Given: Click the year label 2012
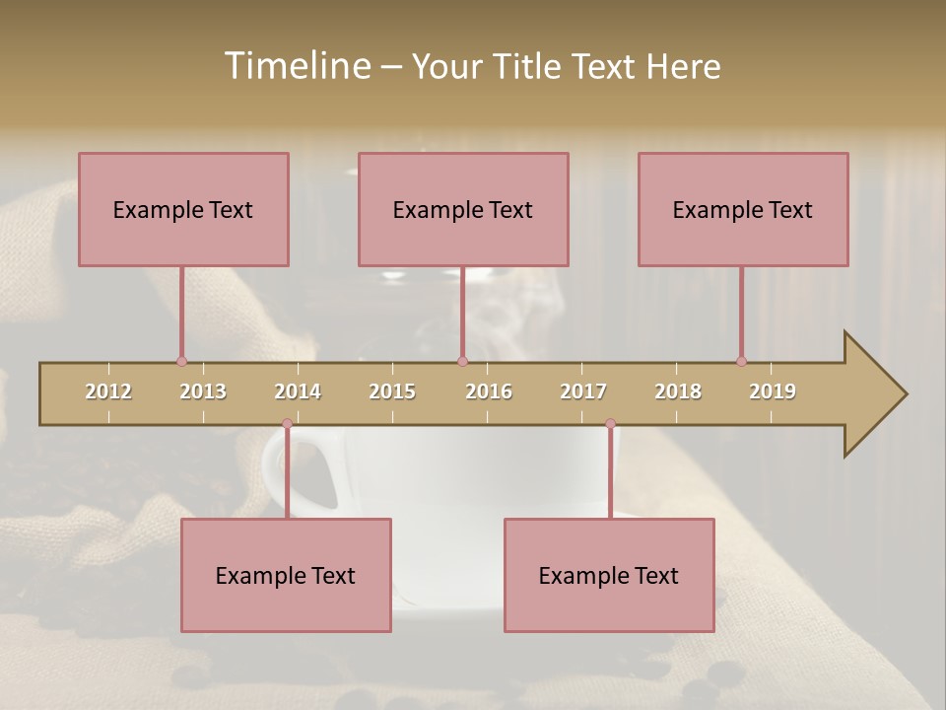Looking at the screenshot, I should (108, 391).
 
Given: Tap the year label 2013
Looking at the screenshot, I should (203, 391).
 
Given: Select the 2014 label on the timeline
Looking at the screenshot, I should (298, 391).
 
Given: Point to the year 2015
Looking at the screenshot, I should (392, 391).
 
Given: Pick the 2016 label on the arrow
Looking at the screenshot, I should (489, 391).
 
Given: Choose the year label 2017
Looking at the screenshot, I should (583, 391).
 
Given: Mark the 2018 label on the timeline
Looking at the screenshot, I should (678, 391).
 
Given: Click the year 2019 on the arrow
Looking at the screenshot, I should (773, 391).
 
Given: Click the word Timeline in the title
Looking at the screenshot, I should (296, 66).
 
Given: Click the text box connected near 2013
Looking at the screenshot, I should (183, 209).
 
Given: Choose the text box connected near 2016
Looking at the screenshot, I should (463, 209).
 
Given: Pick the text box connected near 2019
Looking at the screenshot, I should (743, 209).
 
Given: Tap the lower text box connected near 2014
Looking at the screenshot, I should (286, 575).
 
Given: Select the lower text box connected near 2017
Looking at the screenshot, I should (609, 575).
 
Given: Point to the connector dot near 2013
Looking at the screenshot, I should (181, 361).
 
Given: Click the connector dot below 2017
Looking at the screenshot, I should (610, 424).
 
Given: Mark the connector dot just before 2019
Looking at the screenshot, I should (741, 361).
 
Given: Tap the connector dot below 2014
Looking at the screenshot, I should (287, 424).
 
